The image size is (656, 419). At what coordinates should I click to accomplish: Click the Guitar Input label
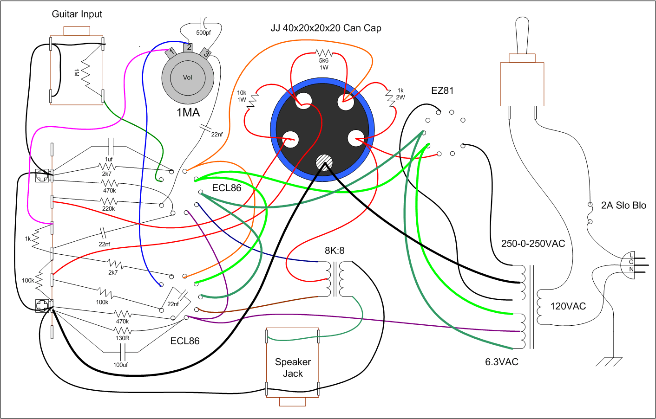(x=77, y=14)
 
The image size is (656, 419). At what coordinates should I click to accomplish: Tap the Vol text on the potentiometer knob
(x=187, y=77)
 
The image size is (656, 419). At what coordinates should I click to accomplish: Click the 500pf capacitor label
(x=203, y=32)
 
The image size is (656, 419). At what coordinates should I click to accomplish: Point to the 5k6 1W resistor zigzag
(x=324, y=53)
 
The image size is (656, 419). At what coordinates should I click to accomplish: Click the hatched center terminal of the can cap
(x=324, y=162)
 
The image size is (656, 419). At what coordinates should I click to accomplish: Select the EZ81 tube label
(x=442, y=90)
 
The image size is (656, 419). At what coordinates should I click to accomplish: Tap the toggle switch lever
(x=522, y=36)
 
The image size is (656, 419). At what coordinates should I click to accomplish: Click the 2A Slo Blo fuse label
(x=623, y=205)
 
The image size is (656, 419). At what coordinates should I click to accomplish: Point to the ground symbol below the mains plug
(x=609, y=361)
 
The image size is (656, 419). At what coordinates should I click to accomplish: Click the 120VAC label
(x=568, y=306)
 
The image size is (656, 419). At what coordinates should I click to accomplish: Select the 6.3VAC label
(x=502, y=361)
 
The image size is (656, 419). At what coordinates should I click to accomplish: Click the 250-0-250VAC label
(x=533, y=244)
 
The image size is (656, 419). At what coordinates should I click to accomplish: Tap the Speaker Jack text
(x=293, y=367)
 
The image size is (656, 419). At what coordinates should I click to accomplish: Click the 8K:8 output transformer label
(x=335, y=251)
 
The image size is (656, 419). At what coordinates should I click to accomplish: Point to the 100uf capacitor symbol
(x=123, y=352)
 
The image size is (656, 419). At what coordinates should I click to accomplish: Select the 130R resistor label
(x=122, y=338)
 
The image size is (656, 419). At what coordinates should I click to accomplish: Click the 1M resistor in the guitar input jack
(x=85, y=73)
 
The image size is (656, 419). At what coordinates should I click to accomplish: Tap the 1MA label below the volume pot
(x=188, y=113)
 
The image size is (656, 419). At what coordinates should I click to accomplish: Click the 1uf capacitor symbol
(x=111, y=147)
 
